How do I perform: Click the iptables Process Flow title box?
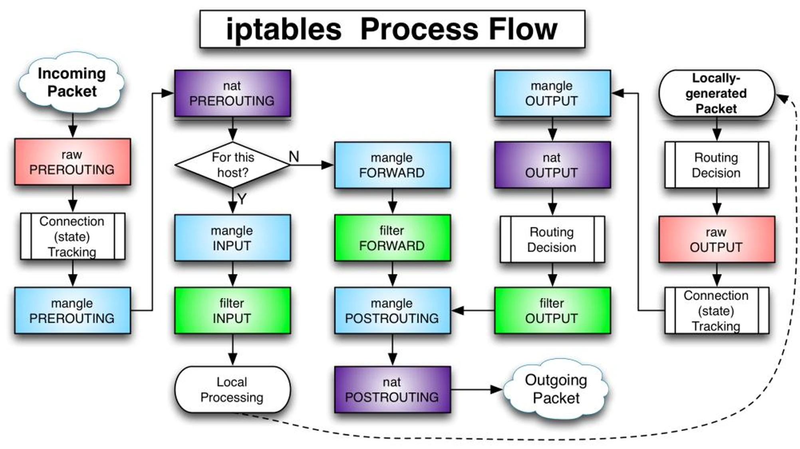[x=392, y=29]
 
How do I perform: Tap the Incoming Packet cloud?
[x=72, y=82]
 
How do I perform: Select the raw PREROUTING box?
[x=72, y=162]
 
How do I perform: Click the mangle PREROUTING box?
[x=72, y=310]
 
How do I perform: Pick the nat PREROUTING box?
[x=232, y=93]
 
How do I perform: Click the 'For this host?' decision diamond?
[x=232, y=165]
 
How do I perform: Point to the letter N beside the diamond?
[x=294, y=157]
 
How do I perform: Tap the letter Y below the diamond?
[x=242, y=199]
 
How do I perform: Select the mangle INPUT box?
[x=232, y=238]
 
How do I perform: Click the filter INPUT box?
[x=232, y=310]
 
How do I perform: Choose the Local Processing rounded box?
[x=232, y=389]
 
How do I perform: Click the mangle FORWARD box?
[x=393, y=165]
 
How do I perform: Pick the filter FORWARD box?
[x=393, y=238]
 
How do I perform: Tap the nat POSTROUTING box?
[x=393, y=389]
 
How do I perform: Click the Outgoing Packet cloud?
[x=556, y=389]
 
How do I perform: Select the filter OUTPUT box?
[x=552, y=310]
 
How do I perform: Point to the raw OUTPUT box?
[x=717, y=239]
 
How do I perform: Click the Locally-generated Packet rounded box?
[x=717, y=93]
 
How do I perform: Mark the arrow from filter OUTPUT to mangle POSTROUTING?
[x=473, y=310]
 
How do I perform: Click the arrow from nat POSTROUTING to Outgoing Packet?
[x=477, y=389]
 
